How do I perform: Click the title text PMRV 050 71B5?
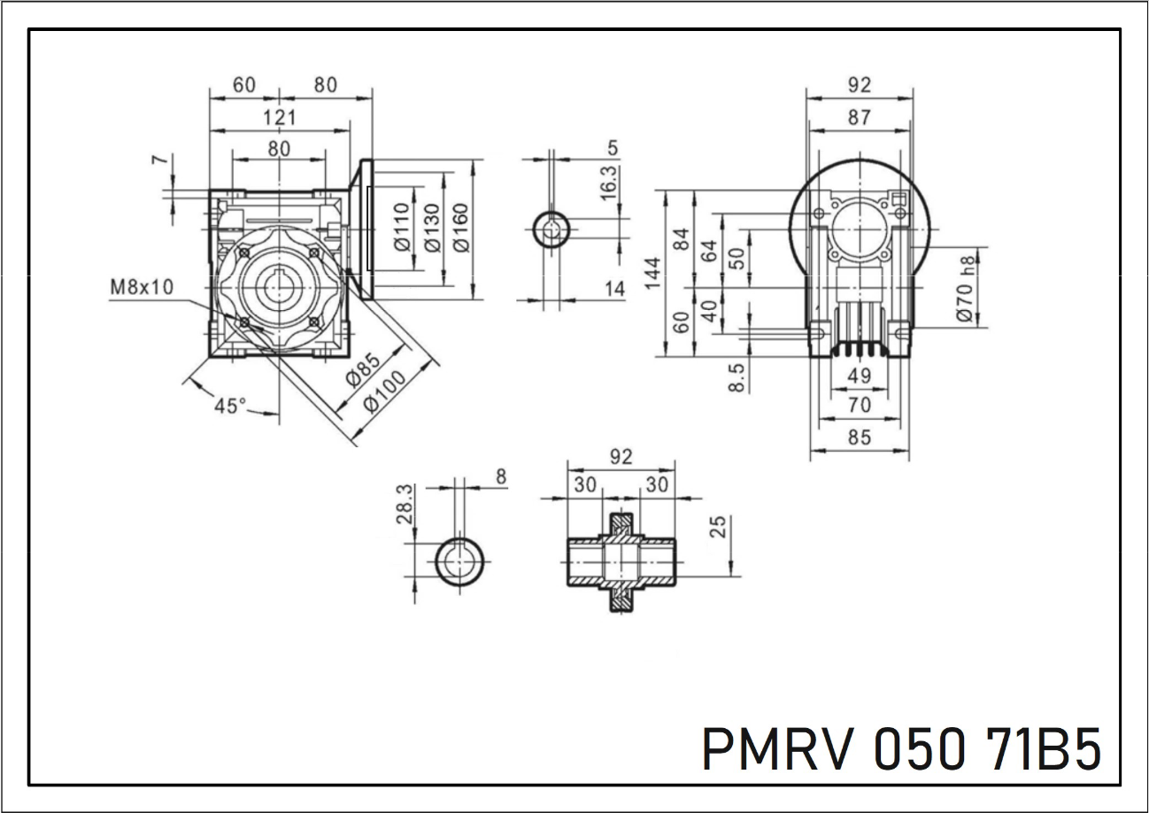pyautogui.click(x=901, y=749)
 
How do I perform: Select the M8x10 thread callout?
pyautogui.click(x=142, y=287)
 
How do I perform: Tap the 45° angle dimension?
pyautogui.click(x=231, y=406)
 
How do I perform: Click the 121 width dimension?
pyautogui.click(x=280, y=117)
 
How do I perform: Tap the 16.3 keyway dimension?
pyautogui.click(x=609, y=182)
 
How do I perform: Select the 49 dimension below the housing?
pyautogui.click(x=859, y=376)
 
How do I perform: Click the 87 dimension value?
pyautogui.click(x=859, y=117)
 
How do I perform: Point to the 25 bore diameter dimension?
pyautogui.click(x=719, y=526)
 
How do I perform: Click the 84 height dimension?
pyautogui.click(x=681, y=239)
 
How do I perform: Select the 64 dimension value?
pyautogui.click(x=709, y=250)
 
